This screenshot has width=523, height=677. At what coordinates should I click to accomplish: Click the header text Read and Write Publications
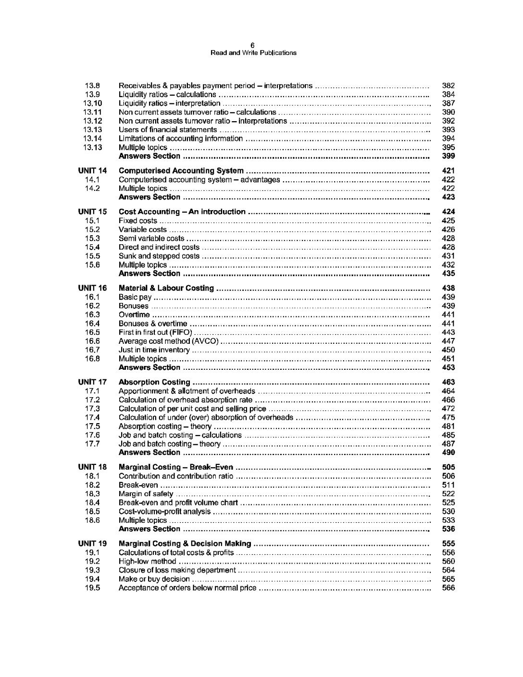point(254,53)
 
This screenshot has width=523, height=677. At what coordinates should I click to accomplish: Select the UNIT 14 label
point(92,171)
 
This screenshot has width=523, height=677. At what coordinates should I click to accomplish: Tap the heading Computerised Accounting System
point(181,171)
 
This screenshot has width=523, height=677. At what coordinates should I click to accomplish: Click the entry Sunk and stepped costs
point(159,256)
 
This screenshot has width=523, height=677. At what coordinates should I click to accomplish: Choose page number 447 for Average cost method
point(448,341)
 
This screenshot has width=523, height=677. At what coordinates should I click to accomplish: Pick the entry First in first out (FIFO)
point(155,333)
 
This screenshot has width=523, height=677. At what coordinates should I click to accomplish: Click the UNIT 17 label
point(92,382)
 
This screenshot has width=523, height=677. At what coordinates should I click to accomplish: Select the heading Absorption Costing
point(154,382)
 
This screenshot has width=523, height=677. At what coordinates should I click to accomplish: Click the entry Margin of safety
point(146,494)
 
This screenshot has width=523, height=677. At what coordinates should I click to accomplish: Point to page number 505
point(448,467)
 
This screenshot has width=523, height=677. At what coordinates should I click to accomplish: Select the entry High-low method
point(148,562)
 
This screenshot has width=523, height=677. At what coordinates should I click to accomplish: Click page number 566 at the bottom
point(448,588)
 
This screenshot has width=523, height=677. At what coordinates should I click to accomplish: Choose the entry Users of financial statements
point(168,130)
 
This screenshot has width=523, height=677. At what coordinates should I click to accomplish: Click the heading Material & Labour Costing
point(166,288)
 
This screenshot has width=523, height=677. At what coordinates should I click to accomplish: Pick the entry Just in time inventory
point(154,350)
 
